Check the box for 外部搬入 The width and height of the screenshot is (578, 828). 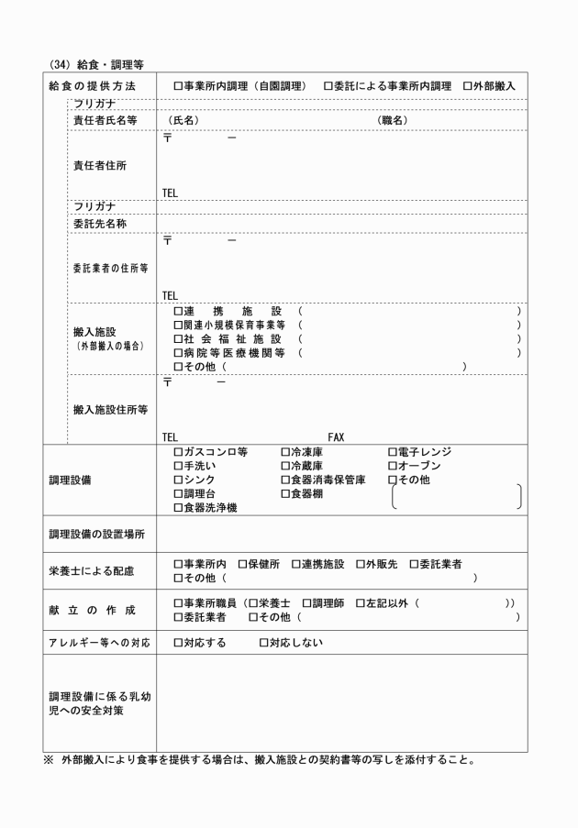coord(468,85)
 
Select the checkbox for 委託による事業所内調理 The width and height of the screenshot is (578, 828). coord(328,85)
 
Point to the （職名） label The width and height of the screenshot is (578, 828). coord(393,120)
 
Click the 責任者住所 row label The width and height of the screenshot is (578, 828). coord(99,166)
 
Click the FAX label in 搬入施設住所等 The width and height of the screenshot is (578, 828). coord(335,437)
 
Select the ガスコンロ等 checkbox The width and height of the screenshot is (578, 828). coord(178,452)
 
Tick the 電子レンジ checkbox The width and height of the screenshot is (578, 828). coord(392,452)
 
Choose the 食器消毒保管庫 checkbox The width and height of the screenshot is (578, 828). coord(285,480)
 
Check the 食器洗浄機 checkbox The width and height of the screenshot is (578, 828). coord(178,507)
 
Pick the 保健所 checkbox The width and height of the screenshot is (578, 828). coord(242,564)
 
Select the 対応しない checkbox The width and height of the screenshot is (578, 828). coord(262,642)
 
